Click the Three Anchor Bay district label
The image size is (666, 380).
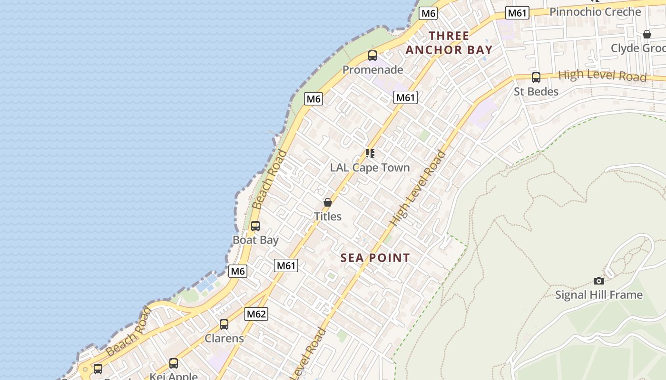click(x=449, y=43)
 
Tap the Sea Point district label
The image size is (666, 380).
click(x=375, y=258)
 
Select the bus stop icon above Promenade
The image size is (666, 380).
click(x=372, y=56)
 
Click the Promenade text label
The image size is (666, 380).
click(x=372, y=70)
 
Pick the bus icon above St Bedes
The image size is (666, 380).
click(x=536, y=77)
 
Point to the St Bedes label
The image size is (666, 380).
click(x=536, y=91)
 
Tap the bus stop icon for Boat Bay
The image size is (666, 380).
click(x=255, y=226)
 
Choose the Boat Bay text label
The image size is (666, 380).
click(x=255, y=240)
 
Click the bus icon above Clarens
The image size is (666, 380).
click(x=224, y=324)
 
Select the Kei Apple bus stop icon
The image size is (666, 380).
click(x=174, y=363)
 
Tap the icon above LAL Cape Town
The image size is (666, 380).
click(x=370, y=153)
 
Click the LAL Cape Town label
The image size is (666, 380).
click(x=370, y=168)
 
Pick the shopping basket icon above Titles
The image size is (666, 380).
click(x=328, y=202)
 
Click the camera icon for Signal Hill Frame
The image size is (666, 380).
click(x=599, y=281)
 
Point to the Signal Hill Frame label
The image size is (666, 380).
click(x=599, y=295)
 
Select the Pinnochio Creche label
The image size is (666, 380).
click(x=595, y=11)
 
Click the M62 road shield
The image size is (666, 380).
click(x=256, y=313)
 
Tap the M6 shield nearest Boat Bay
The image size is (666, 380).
click(x=238, y=271)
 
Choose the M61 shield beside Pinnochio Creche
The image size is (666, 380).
click(x=517, y=13)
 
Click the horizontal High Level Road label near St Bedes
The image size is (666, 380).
click(x=602, y=75)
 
